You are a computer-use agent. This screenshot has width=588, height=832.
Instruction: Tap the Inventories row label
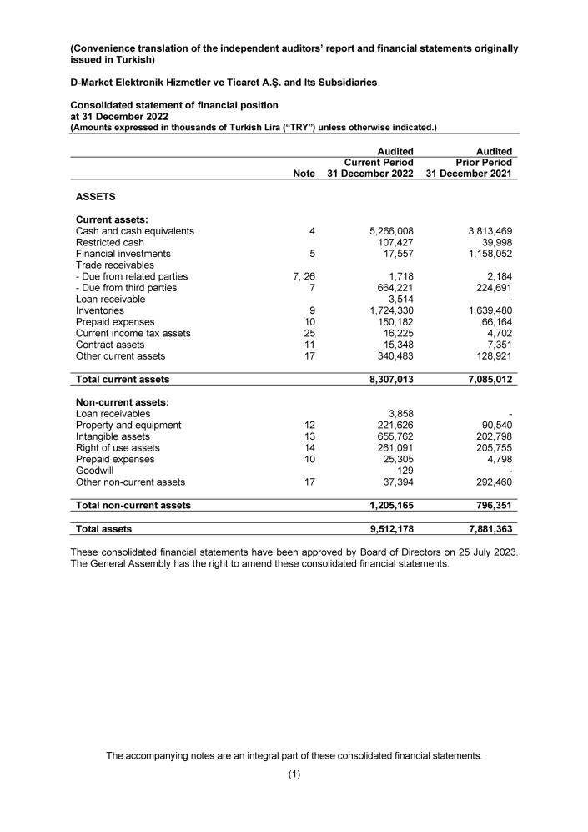point(100,310)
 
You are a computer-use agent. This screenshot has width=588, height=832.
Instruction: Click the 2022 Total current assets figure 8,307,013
point(385,379)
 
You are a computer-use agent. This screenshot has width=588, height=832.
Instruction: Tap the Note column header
point(304,174)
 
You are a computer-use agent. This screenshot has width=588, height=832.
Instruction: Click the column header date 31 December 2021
point(469,174)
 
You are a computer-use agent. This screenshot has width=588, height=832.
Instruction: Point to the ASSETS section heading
point(95,198)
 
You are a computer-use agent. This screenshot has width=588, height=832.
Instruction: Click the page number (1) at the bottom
point(294,774)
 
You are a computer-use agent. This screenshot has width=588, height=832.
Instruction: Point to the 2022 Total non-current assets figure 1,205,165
point(385,505)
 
